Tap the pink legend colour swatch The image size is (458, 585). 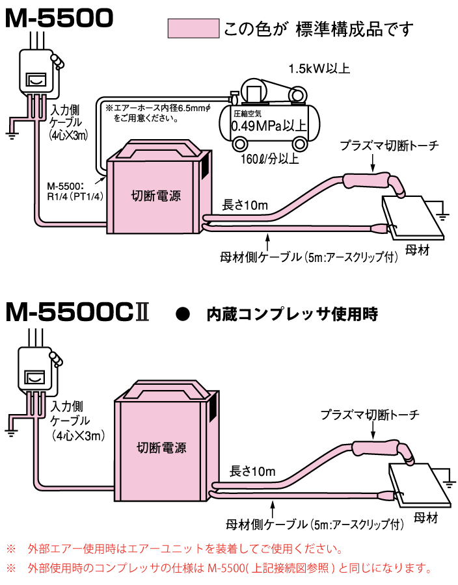point(193,29)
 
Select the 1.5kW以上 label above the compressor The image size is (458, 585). point(319,68)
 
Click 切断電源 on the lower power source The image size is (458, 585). point(162,448)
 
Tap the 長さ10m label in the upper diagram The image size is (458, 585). point(245,205)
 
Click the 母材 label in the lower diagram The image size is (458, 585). point(425,518)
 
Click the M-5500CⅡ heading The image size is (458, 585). point(77,313)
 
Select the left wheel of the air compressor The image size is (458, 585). point(241,143)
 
